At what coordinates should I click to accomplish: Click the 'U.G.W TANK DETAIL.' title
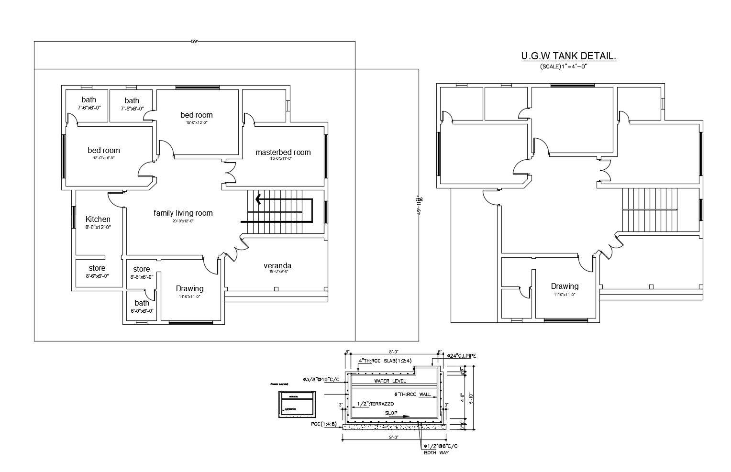pos(568,56)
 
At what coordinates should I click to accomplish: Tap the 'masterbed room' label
pos(283,153)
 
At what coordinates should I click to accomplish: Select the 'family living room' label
pos(183,213)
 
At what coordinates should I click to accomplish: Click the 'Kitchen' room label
pos(98,220)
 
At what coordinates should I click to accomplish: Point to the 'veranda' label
pos(277,266)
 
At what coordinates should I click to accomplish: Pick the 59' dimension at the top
pos(194,42)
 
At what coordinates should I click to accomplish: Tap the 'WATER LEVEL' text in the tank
pos(390,381)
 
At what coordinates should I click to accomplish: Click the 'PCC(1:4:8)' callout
pos(323,424)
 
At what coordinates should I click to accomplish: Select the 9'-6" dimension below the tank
pos(394,438)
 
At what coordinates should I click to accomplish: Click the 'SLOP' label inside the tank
pos(391,413)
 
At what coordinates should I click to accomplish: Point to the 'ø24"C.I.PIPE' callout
pos(461,356)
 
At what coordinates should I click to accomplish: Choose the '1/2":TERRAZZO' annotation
pos(375,404)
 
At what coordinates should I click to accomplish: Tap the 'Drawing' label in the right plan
pos(565,286)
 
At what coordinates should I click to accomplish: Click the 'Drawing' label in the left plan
pos(189,289)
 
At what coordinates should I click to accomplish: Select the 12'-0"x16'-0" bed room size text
pos(104,158)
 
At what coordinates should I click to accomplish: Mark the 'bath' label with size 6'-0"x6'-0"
pos(142,303)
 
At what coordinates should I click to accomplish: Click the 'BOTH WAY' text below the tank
pos(436,453)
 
